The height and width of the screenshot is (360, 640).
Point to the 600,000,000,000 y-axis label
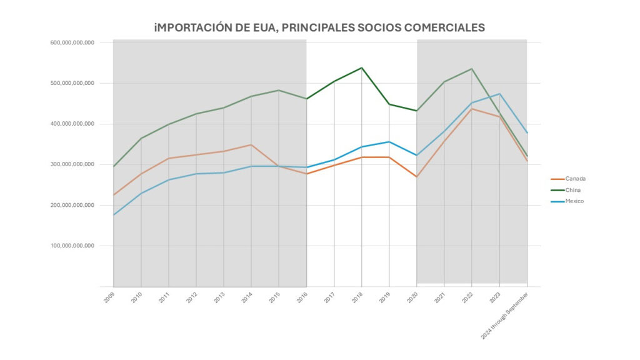[x=72, y=42]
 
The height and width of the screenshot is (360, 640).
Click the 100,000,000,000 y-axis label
[x=72, y=246]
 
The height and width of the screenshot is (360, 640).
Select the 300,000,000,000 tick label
[x=72, y=164]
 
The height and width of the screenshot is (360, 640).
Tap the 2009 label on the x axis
[x=109, y=297]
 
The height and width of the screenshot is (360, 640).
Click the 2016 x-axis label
[x=301, y=297]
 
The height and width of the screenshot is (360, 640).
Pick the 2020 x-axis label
[x=412, y=297]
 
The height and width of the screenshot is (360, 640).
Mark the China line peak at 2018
[x=361, y=67]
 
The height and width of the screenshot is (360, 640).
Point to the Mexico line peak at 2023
[x=499, y=94]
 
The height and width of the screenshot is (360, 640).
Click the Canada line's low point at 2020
[x=417, y=177]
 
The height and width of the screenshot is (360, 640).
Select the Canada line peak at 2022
[x=472, y=109]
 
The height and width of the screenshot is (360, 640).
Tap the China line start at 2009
[x=114, y=166]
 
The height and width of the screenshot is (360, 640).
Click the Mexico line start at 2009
[x=114, y=215]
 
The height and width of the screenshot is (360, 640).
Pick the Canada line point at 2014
[x=251, y=144]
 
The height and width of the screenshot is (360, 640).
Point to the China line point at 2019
[x=389, y=104]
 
